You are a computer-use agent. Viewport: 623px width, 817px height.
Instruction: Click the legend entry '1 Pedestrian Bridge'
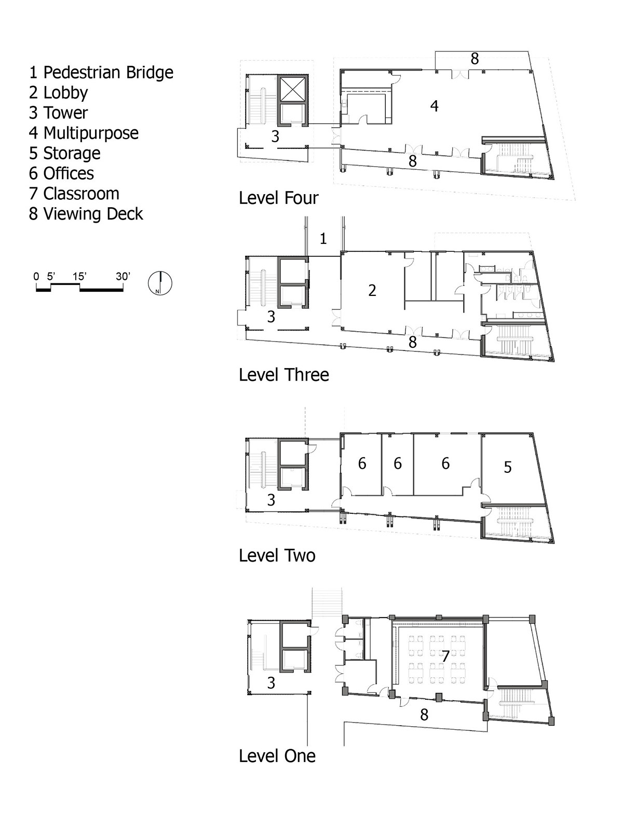pos(101,72)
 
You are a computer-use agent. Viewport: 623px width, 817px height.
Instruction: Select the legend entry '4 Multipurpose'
pos(84,133)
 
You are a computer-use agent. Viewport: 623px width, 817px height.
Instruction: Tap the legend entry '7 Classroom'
pos(74,194)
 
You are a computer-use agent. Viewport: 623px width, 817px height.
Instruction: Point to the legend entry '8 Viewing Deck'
pos(86,214)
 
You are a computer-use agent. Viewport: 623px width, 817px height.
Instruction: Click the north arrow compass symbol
pos(160,283)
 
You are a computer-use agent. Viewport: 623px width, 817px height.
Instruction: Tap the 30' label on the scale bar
pos(123,277)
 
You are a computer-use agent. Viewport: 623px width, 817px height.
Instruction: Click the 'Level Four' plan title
pos(279,198)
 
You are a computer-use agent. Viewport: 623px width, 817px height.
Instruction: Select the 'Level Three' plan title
pos(284,375)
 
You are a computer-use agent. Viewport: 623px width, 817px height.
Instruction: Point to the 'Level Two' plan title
pos(277,556)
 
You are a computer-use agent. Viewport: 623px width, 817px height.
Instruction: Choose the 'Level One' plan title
pos(277,756)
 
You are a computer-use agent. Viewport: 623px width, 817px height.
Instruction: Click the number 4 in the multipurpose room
pos(435,106)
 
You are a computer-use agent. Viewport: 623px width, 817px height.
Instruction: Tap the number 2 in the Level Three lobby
pos(372,290)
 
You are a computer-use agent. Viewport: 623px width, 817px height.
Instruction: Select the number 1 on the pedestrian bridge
pos(323,239)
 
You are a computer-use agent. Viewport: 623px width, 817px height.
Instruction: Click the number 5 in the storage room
pos(508,467)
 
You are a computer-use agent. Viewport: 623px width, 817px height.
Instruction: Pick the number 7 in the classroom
pos(445,656)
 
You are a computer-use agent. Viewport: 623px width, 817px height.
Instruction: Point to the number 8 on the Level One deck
pos(424,715)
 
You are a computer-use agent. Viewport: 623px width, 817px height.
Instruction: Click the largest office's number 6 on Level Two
pos(445,464)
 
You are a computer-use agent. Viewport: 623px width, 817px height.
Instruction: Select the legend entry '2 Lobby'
pos(59,93)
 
